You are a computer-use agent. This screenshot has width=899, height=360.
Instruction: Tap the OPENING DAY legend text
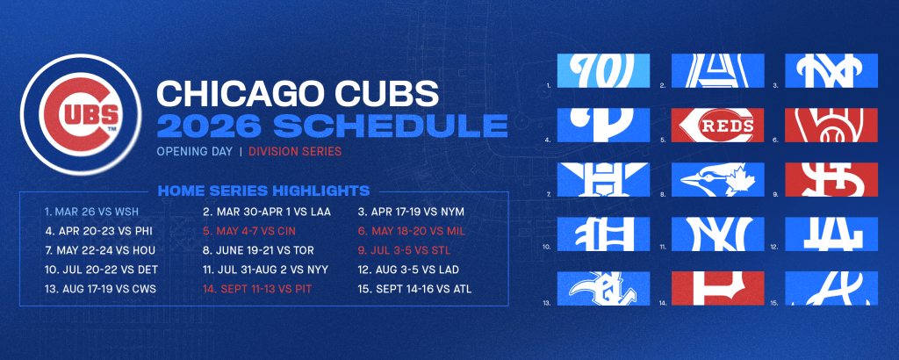[x=193, y=151]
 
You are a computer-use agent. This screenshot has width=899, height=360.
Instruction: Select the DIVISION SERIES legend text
[x=294, y=151]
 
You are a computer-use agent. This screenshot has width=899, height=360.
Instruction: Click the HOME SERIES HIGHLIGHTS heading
[x=263, y=191]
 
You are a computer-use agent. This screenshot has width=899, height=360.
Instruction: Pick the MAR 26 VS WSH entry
[x=92, y=212]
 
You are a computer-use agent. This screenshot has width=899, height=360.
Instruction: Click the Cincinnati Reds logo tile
[x=713, y=126]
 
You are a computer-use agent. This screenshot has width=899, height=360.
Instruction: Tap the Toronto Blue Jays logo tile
[x=713, y=179]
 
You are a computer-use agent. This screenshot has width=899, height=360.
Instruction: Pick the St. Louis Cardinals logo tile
[x=830, y=179]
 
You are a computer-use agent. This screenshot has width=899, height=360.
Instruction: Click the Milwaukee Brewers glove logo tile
[x=830, y=126]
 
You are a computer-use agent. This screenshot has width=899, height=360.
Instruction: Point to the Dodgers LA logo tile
[x=830, y=234]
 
